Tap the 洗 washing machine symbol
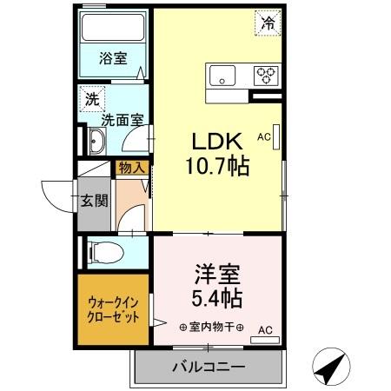pyautogui.click(x=91, y=99)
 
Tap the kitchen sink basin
pyautogui.click(x=223, y=76)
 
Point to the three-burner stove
pyautogui.click(x=266, y=76)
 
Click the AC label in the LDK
pyautogui.click(x=264, y=136)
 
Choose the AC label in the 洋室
pyautogui.click(x=265, y=329)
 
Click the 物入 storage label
pyautogui.click(x=132, y=168)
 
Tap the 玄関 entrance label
pyautogui.click(x=95, y=202)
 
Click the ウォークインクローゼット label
pyautogui.click(x=114, y=310)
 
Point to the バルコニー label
pyautogui.click(x=208, y=367)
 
